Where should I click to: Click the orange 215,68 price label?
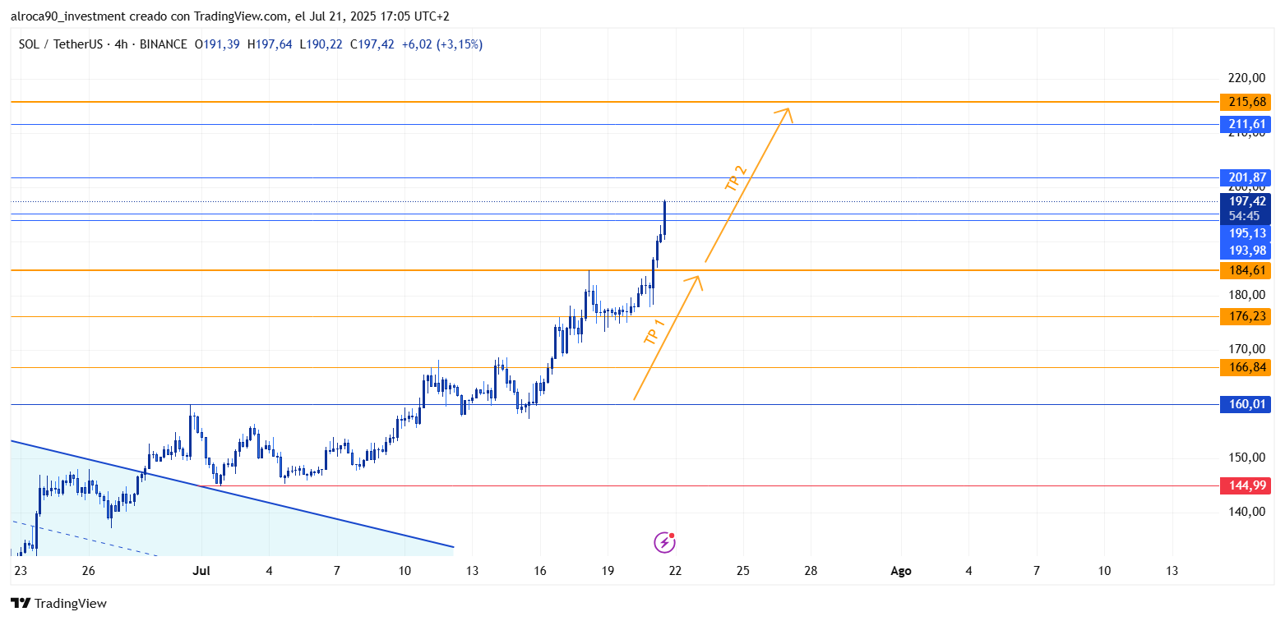[1247, 102]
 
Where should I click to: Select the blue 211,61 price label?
[1247, 125]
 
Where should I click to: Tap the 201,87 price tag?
[1247, 177]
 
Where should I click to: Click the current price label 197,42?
[1247, 201]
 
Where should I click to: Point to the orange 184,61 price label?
[1247, 270]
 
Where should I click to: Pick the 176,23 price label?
[1247, 316]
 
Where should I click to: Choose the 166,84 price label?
[1247, 368]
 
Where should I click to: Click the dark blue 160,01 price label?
[1247, 404]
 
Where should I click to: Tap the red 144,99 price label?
[1247, 485]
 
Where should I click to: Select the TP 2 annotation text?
[736, 178]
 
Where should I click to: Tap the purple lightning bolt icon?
[664, 542]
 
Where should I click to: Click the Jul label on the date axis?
[200, 571]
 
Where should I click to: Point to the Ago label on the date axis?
[901, 571]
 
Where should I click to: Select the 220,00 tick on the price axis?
[1246, 79]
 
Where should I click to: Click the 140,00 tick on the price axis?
[1246, 512]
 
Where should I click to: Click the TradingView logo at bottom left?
[59, 604]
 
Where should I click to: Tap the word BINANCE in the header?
[163, 44]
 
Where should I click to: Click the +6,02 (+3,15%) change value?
[441, 44]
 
